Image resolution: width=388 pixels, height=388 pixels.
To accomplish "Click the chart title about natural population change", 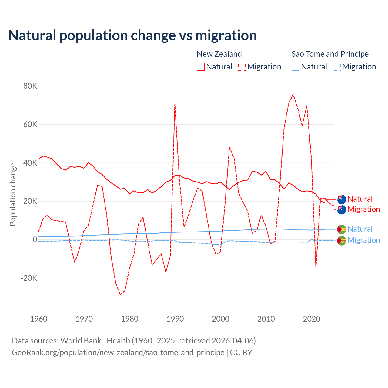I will coord(132,35).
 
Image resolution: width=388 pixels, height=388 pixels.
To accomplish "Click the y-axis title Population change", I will coord(13,194).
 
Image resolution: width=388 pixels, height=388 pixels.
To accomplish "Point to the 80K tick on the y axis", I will coord(30,86).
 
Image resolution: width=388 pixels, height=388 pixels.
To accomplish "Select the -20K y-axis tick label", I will coord(29,278).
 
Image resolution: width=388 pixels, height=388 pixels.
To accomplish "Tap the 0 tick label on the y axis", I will coord(35,239).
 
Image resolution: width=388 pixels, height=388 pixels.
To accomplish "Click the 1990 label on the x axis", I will coord(175,319).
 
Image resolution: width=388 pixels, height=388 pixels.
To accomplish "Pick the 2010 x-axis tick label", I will coord(266,319).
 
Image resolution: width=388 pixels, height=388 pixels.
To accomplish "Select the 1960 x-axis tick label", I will coord(39,319).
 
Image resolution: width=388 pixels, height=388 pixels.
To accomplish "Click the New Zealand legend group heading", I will coord(219,54).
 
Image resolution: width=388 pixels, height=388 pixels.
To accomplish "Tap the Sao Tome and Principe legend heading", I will coord(330,54).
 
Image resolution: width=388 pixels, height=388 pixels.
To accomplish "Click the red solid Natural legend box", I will coord(201,67).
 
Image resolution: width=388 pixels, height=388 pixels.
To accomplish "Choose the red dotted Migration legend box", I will coord(242,67).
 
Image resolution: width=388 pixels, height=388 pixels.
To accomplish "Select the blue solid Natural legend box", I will coord(296,67).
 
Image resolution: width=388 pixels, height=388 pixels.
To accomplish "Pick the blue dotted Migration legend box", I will coord(337,67).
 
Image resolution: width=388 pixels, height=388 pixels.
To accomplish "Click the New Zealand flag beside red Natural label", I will coord(342,199).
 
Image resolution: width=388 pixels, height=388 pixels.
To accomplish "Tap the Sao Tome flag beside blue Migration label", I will coord(342,241).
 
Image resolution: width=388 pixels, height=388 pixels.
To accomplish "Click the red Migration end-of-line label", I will coord(364,209).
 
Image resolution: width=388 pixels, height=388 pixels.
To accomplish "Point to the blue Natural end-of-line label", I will coord(360,229).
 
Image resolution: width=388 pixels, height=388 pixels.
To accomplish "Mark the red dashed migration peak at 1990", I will coord(175,105).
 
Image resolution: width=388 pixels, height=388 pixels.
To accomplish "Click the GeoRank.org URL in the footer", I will coord(118,353).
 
